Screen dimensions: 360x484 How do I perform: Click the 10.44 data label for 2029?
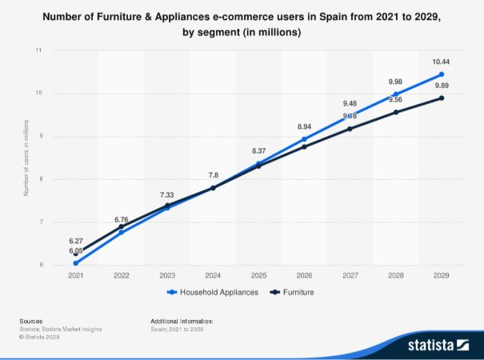[442, 62]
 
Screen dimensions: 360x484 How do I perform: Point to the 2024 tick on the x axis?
[213, 274]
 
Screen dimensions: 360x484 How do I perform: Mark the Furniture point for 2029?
[442, 98]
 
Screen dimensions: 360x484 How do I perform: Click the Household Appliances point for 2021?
[76, 262]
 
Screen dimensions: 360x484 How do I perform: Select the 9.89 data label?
[442, 86]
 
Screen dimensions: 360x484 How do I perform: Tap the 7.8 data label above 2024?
[213, 174]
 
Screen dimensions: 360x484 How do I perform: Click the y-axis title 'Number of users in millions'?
[27, 157]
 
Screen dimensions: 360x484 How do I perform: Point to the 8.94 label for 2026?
[305, 126]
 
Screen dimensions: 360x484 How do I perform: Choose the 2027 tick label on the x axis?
[350, 274]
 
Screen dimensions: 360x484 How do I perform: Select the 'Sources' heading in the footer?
[31, 320]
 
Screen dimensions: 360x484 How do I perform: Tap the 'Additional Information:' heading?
[182, 320]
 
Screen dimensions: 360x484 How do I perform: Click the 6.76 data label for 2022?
[122, 219]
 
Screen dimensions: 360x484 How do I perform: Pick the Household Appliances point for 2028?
[396, 94]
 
